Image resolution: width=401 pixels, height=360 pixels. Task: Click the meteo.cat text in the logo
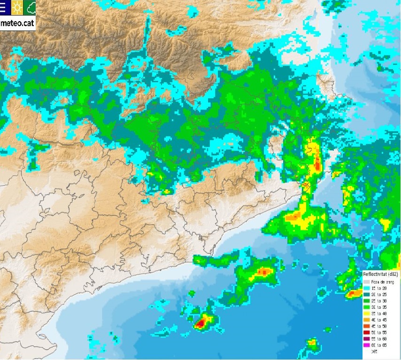click(18, 23)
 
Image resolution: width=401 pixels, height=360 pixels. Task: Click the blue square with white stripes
click(4, 7)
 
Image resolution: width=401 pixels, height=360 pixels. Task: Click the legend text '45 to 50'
click(379, 326)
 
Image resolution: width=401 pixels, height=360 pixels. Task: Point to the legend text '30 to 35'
click(379, 306)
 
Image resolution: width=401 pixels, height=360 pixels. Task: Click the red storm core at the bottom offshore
click(201, 323)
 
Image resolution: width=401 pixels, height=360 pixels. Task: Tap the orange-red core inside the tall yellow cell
click(317, 164)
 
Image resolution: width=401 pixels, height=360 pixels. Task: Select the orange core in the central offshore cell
click(264, 272)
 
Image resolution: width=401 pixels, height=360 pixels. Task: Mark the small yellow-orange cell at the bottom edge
click(311, 342)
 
